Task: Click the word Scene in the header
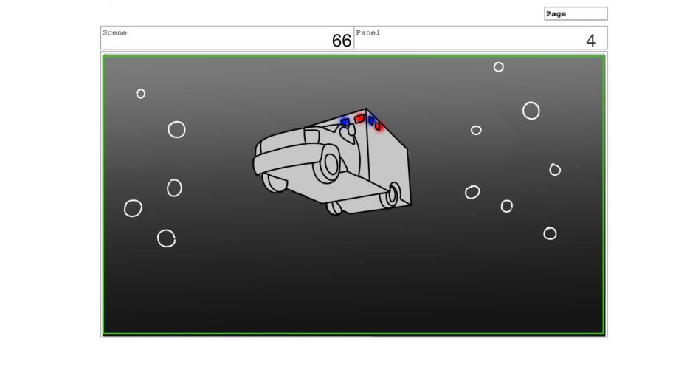pyautogui.click(x=114, y=33)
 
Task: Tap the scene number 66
pyautogui.click(x=342, y=41)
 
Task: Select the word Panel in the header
pyautogui.click(x=367, y=33)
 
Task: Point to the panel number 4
pyautogui.click(x=590, y=41)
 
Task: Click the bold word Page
pyautogui.click(x=556, y=14)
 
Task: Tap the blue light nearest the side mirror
pyautogui.click(x=345, y=122)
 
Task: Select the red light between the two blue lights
pyautogui.click(x=359, y=118)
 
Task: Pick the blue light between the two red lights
pyautogui.click(x=371, y=120)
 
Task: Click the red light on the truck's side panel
pyautogui.click(x=378, y=126)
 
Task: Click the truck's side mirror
pyautogui.click(x=348, y=132)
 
